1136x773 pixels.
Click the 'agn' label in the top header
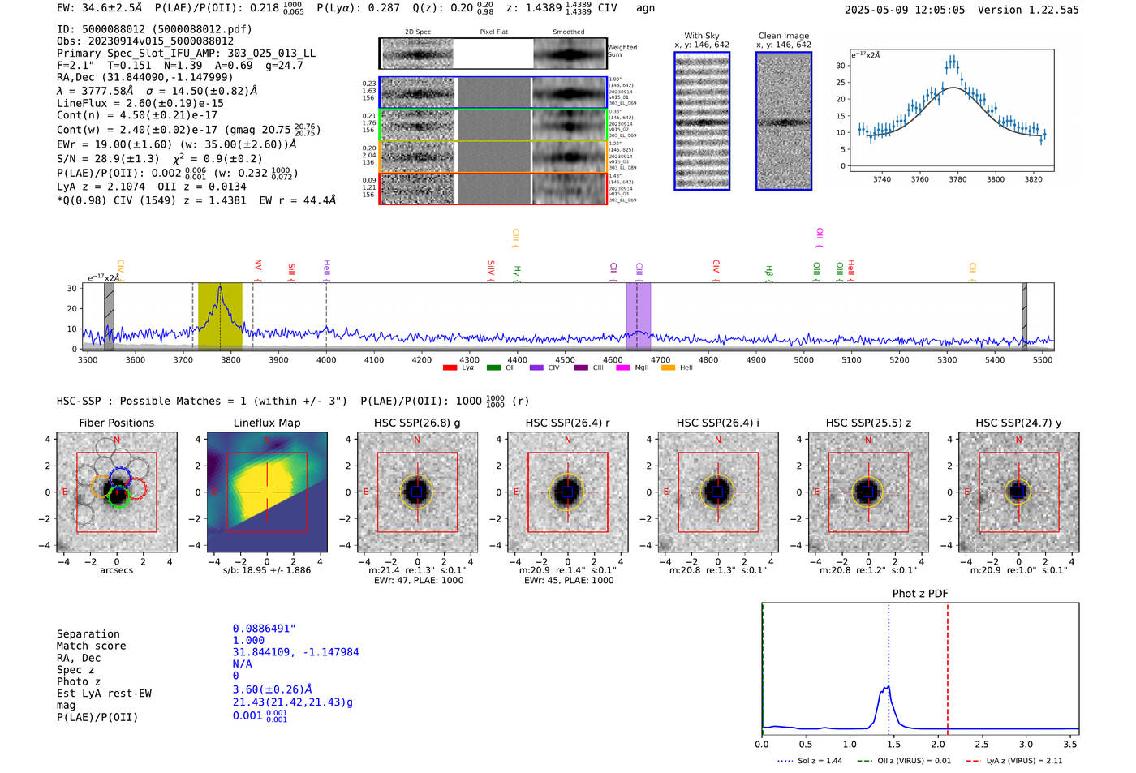645,8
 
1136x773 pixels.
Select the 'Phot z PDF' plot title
920,594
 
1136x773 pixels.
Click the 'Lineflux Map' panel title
266,423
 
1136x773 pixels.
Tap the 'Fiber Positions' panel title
116,423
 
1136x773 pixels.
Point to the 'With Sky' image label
701,36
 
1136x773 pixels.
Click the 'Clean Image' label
783,36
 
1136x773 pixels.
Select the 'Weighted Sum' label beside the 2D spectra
622,51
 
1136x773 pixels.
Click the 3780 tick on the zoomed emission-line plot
957,179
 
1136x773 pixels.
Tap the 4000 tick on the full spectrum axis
326,360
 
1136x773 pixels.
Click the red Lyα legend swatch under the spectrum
450,368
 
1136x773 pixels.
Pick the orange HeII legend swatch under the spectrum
668,368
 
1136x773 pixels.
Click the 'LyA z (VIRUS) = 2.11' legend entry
1023,761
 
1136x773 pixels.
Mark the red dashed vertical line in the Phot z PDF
947,665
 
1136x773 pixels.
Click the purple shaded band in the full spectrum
638,316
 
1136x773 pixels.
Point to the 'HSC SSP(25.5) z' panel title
868,423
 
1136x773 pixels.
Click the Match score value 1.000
248,640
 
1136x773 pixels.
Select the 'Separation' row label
88,634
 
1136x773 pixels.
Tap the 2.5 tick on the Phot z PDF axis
982,744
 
